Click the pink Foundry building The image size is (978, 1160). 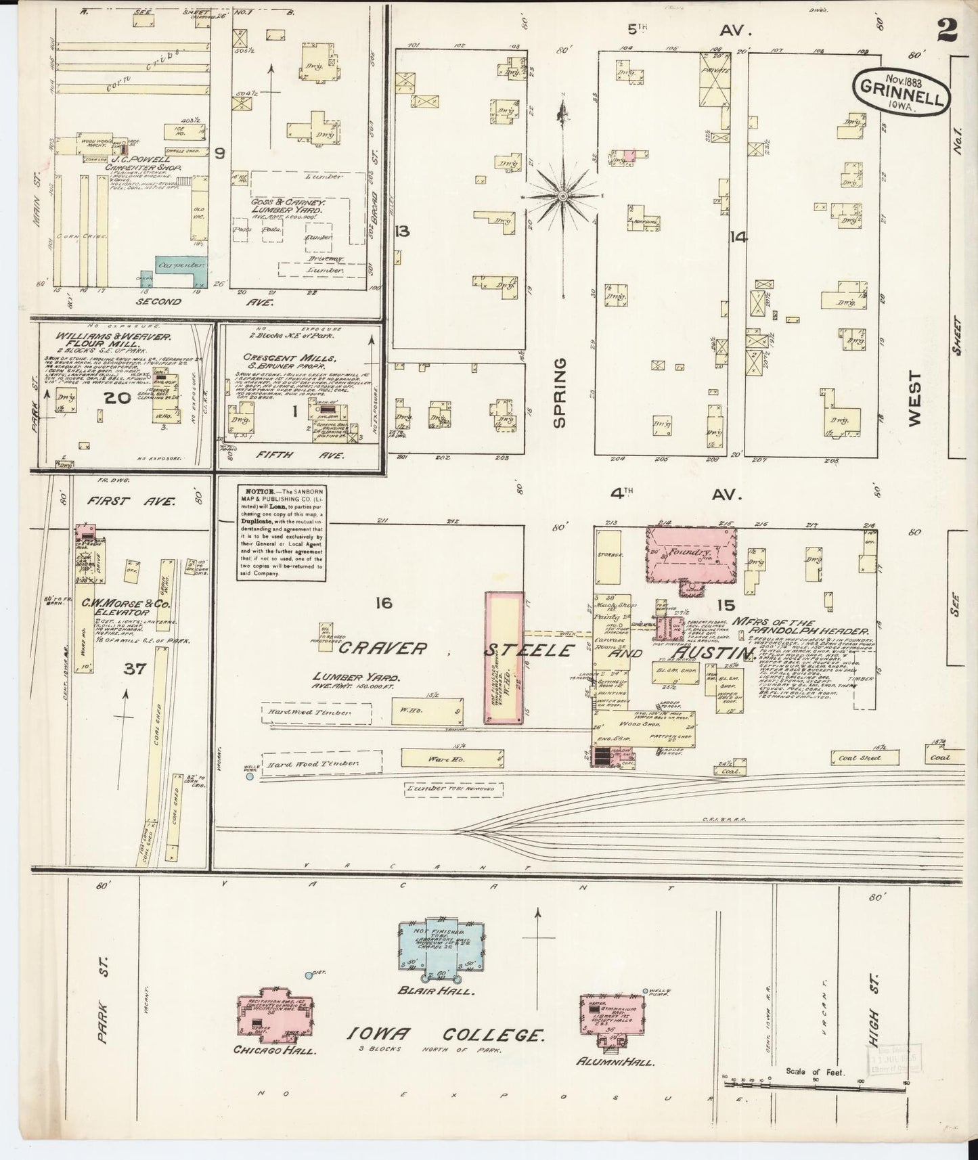pos(690,554)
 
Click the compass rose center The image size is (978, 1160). pos(562,196)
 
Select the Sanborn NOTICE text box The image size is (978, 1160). pos(280,532)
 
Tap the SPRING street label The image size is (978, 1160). pos(560,393)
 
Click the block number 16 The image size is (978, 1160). pos(383,602)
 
